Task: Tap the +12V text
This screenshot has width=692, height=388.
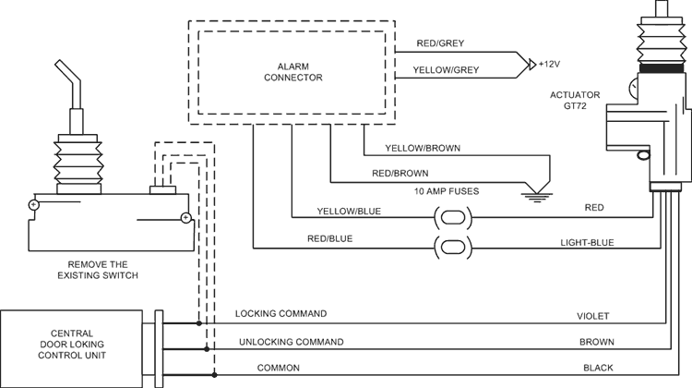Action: click(x=551, y=65)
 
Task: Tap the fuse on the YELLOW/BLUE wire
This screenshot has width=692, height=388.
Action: click(x=451, y=218)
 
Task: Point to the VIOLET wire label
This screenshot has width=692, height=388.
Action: click(x=593, y=315)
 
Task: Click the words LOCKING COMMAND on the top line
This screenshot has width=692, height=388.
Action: click(x=280, y=315)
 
